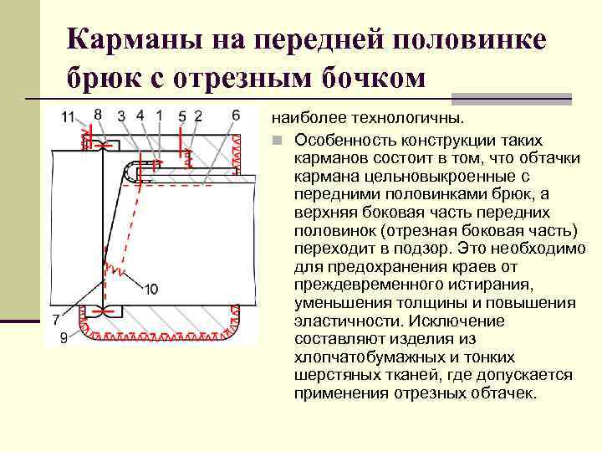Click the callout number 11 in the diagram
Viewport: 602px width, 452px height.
pyautogui.click(x=68, y=116)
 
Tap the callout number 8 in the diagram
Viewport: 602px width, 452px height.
pyautogui.click(x=98, y=114)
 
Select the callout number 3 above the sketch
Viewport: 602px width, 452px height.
pyautogui.click(x=122, y=116)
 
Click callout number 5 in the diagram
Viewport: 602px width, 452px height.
pyautogui.click(x=182, y=116)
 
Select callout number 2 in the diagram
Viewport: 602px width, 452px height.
pyautogui.click(x=197, y=116)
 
